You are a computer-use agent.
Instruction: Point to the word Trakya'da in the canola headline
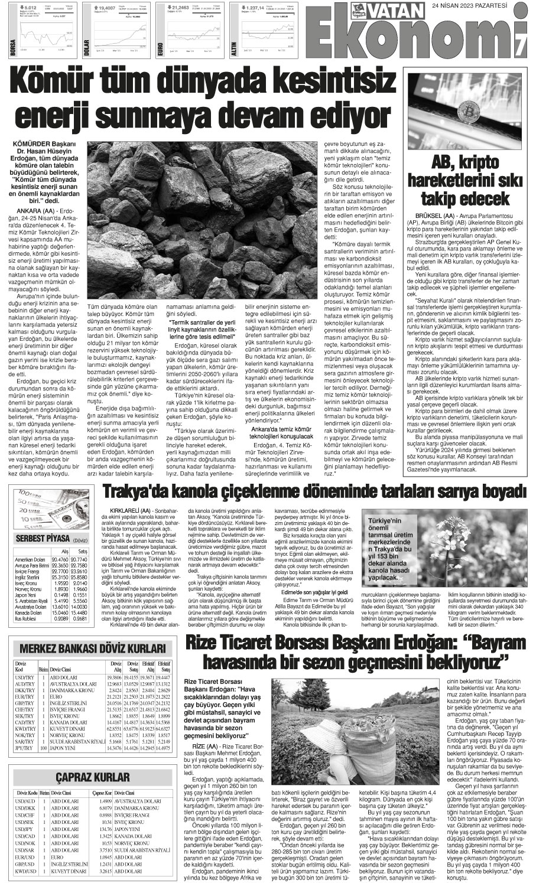[137, 491]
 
